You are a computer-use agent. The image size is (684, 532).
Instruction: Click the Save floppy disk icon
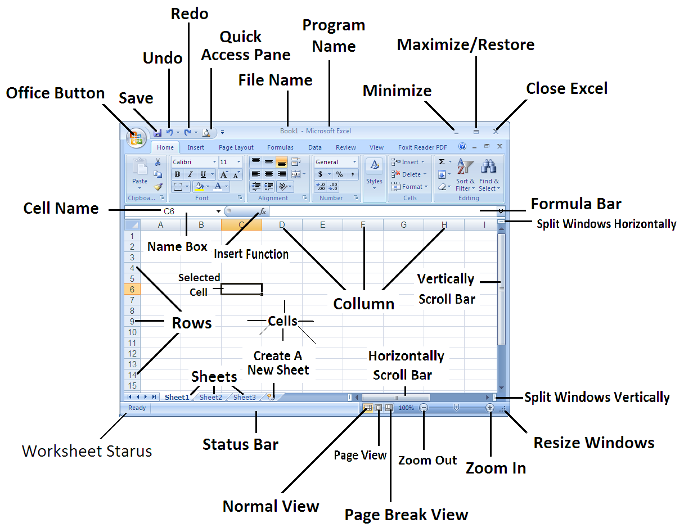coord(157,133)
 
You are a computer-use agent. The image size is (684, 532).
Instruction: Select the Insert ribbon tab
coord(196,147)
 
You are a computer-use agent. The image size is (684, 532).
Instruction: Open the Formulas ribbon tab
coord(280,147)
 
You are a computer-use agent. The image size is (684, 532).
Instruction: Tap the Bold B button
coord(177,174)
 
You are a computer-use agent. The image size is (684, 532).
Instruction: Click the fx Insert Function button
coord(263,211)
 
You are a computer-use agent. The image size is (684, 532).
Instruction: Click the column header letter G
coord(403,225)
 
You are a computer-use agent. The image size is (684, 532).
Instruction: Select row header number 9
coord(132,321)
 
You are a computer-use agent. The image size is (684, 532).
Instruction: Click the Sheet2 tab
coord(211,397)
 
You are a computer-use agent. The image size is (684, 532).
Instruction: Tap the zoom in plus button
coord(490,408)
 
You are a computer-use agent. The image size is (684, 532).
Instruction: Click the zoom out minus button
coord(424,408)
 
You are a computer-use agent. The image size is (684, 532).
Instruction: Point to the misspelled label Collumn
coord(363,304)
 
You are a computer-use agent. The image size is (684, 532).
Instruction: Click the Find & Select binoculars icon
coord(489,169)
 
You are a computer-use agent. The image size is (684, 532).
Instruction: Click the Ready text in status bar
coord(137,408)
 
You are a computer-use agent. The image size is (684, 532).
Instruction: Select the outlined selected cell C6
coord(241,289)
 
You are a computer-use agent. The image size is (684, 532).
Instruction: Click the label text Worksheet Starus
coord(87,450)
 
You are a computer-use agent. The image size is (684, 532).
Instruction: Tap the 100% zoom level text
coord(406,408)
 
